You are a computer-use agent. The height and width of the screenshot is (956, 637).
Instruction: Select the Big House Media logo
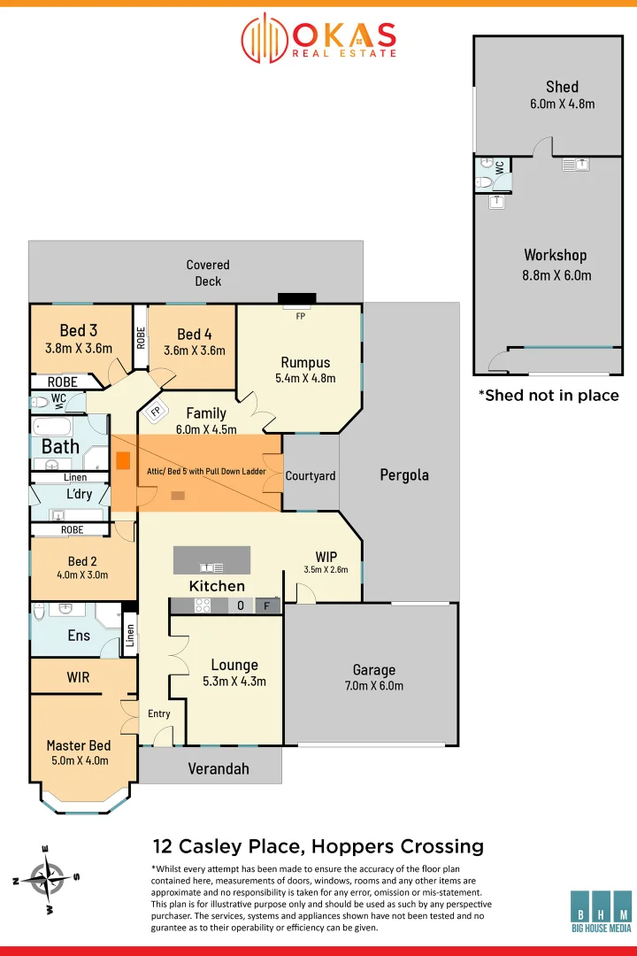click(x=601, y=911)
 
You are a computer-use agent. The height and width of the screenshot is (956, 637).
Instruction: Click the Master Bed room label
click(x=78, y=745)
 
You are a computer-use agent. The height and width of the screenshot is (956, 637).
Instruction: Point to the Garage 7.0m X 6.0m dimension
click(x=373, y=685)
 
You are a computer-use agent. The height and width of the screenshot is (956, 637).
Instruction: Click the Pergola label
click(x=404, y=474)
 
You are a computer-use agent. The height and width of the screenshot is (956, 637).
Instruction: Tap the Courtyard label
click(x=311, y=475)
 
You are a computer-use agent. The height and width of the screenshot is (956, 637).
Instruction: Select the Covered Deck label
click(x=208, y=273)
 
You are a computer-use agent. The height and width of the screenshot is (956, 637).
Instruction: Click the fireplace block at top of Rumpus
click(x=296, y=297)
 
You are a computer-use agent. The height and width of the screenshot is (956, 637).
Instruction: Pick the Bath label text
click(x=60, y=447)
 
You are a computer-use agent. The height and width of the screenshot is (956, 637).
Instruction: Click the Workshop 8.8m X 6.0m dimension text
click(x=556, y=275)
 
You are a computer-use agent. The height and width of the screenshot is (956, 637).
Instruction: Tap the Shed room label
click(x=562, y=87)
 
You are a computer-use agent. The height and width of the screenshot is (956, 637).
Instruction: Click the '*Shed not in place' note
click(x=549, y=395)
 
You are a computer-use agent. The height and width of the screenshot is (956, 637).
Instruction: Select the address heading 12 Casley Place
click(x=318, y=846)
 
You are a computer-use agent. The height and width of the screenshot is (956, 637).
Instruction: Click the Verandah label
click(x=219, y=768)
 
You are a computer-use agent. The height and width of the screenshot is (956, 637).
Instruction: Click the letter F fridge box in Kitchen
click(x=266, y=606)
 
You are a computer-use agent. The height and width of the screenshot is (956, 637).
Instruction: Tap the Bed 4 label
click(x=195, y=334)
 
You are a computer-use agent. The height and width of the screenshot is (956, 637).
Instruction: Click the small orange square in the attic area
click(x=124, y=460)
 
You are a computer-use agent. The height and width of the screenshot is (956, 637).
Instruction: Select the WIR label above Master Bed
click(x=78, y=677)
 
